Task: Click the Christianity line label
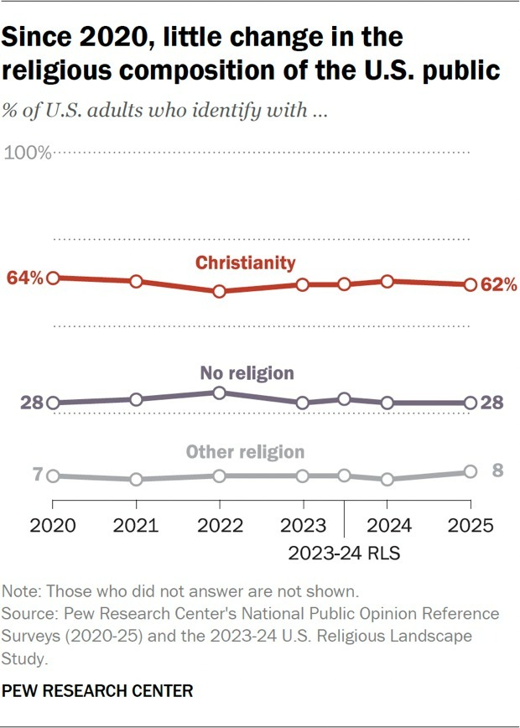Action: click(x=246, y=263)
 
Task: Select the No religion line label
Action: click(x=247, y=372)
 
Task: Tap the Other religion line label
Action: click(x=245, y=452)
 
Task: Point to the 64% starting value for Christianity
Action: click(x=24, y=278)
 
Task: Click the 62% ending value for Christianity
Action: click(x=498, y=285)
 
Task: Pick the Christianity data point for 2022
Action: click(x=220, y=291)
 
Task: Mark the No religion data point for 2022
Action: click(x=220, y=393)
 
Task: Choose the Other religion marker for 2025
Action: click(x=471, y=472)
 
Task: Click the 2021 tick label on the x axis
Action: click(x=136, y=527)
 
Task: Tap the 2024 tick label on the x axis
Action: click(x=387, y=527)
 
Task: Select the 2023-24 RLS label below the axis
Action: click(x=344, y=553)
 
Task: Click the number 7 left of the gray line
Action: click(x=37, y=475)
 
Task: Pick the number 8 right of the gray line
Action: click(x=497, y=470)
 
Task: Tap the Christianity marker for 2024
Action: click(x=387, y=281)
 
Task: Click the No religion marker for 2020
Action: click(x=53, y=403)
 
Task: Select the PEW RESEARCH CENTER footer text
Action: click(x=97, y=691)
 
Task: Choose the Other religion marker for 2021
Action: click(x=136, y=479)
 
